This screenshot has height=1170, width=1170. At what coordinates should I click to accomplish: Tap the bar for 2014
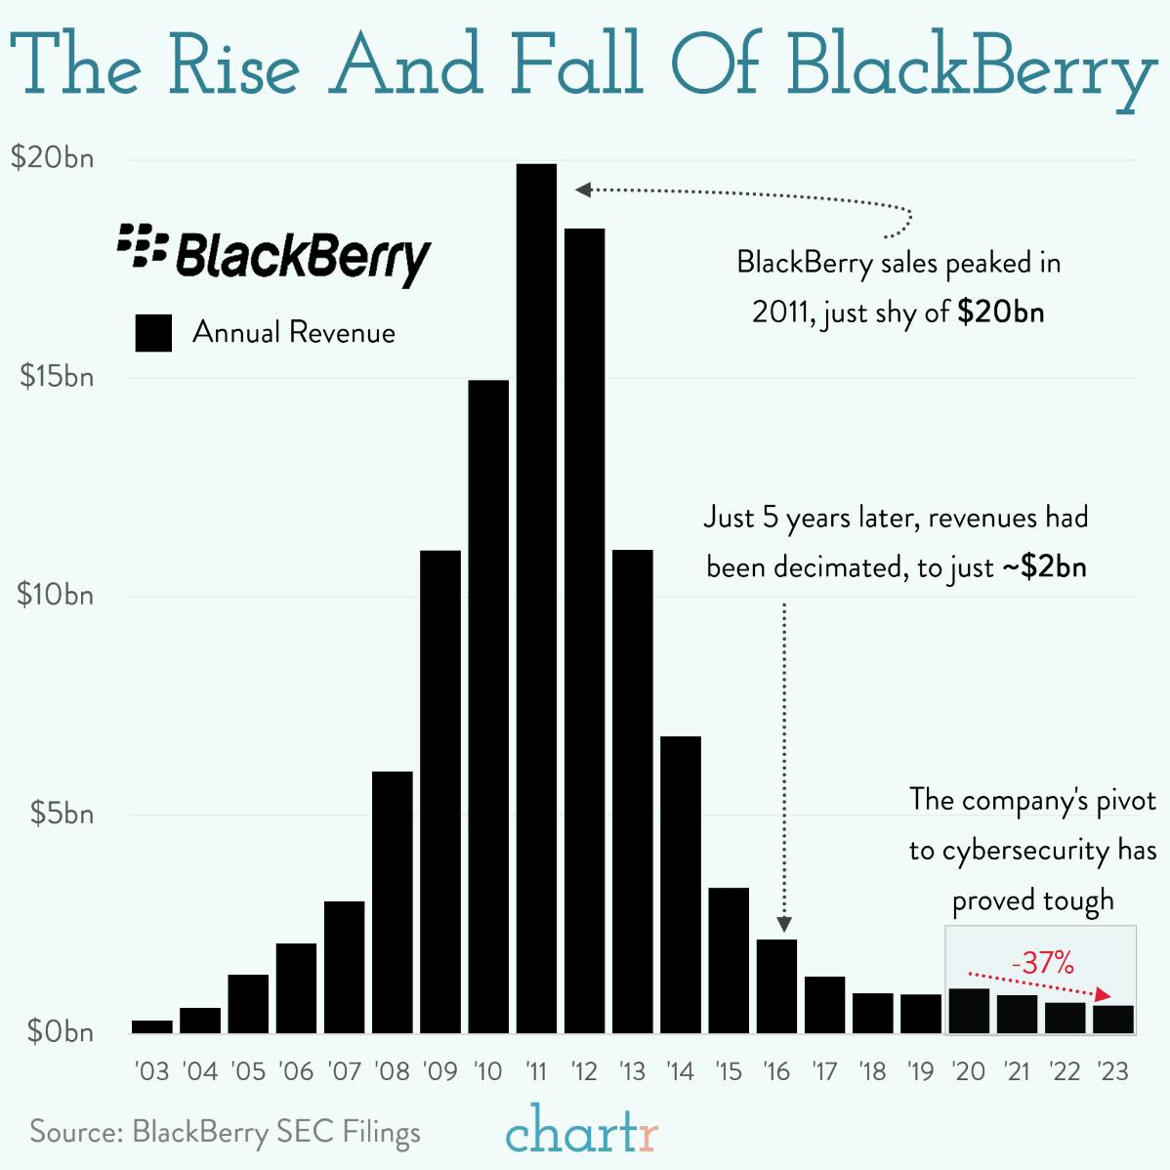(680, 884)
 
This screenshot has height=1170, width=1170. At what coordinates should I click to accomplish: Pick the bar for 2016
(776, 985)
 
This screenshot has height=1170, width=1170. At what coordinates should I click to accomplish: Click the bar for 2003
(152, 1025)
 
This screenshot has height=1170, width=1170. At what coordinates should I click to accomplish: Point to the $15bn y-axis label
(57, 377)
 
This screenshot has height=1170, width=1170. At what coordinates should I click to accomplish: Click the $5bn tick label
(61, 814)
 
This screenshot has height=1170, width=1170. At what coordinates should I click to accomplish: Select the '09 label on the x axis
(440, 1071)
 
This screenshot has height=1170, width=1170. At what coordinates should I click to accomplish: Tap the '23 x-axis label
(1112, 1071)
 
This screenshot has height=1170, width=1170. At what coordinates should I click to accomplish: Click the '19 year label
(920, 1071)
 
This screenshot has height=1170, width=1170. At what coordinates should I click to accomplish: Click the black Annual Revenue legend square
(153, 333)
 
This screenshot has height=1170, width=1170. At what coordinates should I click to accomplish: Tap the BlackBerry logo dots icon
(143, 245)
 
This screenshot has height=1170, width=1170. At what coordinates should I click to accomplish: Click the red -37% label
(1042, 963)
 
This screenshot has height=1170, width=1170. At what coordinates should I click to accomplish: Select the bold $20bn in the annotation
(1001, 312)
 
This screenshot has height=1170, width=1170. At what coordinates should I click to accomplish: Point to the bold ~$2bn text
(1044, 566)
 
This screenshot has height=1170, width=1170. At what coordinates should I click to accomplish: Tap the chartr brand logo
(582, 1131)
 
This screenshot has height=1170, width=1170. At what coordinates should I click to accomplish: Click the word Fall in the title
(576, 64)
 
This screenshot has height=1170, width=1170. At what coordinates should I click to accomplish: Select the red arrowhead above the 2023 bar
(1104, 994)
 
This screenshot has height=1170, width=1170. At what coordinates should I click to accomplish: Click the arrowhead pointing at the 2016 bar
(784, 924)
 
